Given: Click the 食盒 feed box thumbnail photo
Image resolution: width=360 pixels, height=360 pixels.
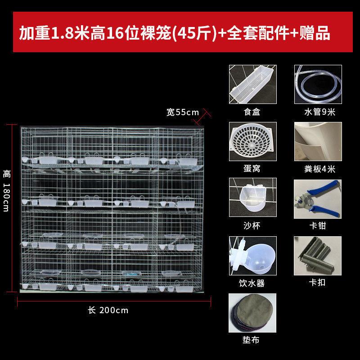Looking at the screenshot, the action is (x=252, y=84).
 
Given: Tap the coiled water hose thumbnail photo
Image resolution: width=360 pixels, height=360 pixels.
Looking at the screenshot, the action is (x=318, y=84).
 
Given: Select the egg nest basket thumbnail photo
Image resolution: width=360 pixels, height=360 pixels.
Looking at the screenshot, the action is (x=252, y=141).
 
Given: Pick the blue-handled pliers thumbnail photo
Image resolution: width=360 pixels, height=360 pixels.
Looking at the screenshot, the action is (x=318, y=199).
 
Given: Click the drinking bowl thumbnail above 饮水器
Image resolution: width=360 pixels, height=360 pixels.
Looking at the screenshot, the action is (x=252, y=256).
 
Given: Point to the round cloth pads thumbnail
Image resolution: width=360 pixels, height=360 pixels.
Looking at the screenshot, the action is (x=252, y=313).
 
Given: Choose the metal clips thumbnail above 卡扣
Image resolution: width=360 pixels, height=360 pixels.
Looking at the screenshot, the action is (x=318, y=256).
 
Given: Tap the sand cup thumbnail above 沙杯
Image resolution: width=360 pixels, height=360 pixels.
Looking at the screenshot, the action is (x=252, y=197).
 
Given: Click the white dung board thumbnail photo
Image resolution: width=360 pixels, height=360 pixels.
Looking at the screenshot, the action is (x=318, y=141).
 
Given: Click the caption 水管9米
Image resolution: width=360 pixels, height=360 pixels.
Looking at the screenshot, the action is (x=319, y=112).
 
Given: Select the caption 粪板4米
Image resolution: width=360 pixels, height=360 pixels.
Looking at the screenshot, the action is (x=319, y=169).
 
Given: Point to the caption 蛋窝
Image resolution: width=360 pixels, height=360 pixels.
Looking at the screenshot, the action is (x=252, y=168).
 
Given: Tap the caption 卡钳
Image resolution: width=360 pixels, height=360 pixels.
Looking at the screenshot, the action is (x=318, y=225).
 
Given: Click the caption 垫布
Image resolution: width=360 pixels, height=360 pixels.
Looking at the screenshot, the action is (x=251, y=340).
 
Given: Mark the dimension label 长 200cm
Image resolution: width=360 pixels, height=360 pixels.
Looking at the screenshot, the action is (x=108, y=310).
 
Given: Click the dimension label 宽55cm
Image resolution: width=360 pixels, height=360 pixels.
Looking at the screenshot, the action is (x=183, y=112).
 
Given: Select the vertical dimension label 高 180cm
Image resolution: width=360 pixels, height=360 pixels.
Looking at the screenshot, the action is (x=6, y=190).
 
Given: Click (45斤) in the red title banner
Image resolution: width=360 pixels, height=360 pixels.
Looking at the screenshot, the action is (x=194, y=33).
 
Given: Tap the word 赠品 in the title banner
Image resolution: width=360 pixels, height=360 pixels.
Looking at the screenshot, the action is (x=315, y=33).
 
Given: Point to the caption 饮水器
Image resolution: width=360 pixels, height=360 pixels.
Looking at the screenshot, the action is (x=252, y=283).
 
